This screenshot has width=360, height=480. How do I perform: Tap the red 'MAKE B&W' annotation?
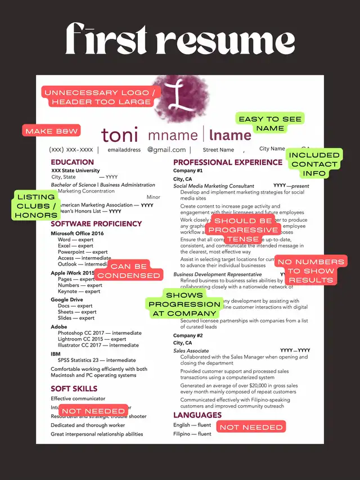(x=51, y=131)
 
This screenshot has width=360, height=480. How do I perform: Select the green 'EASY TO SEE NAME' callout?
(x=269, y=123)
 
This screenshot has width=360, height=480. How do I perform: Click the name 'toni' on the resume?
(x=119, y=135)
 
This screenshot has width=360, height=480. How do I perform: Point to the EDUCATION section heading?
(x=73, y=162)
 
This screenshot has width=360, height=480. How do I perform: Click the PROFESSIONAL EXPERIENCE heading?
(x=228, y=162)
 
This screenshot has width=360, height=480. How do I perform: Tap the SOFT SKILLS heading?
(x=74, y=388)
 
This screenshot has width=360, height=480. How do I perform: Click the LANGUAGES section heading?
(x=197, y=415)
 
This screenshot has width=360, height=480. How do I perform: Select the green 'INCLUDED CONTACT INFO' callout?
(x=314, y=164)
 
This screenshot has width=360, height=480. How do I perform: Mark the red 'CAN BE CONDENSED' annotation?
(x=128, y=271)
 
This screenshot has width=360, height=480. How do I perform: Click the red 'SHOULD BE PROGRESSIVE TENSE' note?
(x=242, y=230)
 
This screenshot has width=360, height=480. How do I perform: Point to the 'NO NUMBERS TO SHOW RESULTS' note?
(x=310, y=271)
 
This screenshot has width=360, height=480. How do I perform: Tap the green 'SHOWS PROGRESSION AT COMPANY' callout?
(x=184, y=304)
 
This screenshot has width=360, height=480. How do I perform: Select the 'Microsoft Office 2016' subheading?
(x=77, y=233)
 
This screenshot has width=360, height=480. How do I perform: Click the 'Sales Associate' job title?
(x=191, y=351)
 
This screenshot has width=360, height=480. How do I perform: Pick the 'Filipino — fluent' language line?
(x=192, y=434)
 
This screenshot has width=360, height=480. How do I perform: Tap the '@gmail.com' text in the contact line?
(x=166, y=150)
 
